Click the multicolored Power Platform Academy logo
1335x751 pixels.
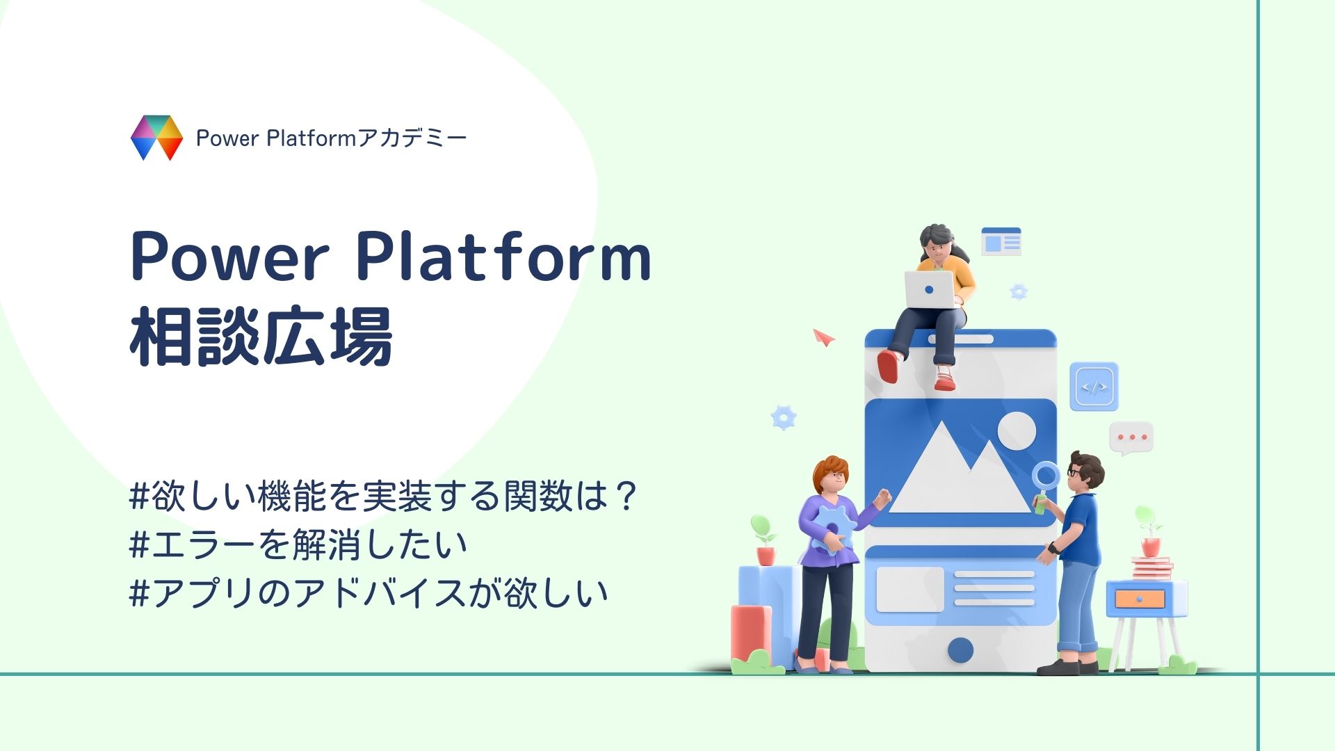tap(156, 138)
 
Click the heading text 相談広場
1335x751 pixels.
tap(261, 337)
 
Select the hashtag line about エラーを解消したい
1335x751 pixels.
tap(298, 544)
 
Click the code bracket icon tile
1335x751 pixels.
tap(1094, 387)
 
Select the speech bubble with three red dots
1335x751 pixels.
tap(1131, 438)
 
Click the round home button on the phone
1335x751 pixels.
tap(960, 649)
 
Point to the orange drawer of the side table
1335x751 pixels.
tap(1140, 599)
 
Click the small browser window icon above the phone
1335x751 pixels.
tap(1001, 241)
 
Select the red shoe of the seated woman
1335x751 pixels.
tap(888, 366)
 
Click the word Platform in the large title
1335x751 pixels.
tap(503, 257)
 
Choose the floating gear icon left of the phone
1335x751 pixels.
tap(784, 417)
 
